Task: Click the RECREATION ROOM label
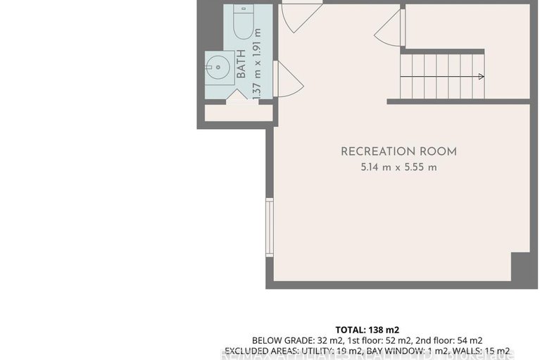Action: click(398, 151)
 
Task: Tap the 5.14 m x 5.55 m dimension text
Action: click(398, 168)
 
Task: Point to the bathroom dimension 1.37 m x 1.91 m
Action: click(257, 62)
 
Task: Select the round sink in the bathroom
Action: click(217, 68)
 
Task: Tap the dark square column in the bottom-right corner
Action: click(520, 269)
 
